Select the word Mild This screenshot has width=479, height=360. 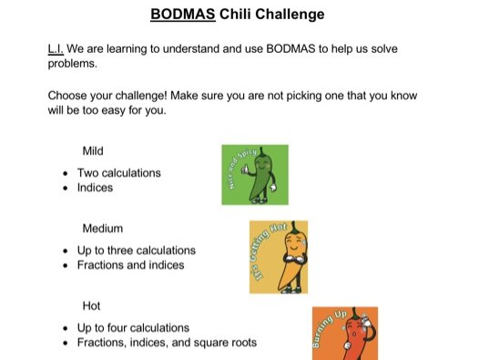(94, 150)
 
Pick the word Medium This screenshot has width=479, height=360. (102, 228)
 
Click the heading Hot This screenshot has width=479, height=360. (92, 305)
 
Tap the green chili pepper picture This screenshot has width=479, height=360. (254, 174)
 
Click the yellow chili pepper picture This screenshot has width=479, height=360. (278, 256)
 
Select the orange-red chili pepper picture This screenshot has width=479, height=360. (339, 333)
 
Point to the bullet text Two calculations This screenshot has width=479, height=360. (118, 172)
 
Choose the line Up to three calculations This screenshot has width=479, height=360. (136, 250)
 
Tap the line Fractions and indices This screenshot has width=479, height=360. (130, 265)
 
